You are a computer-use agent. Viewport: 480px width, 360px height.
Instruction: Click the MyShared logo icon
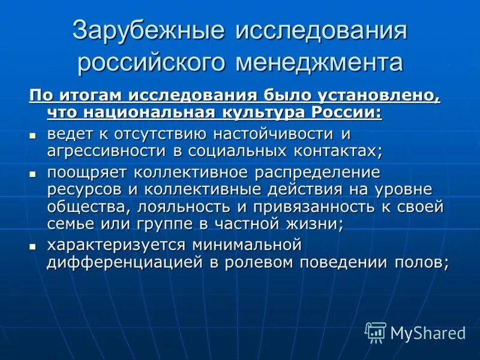376,332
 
